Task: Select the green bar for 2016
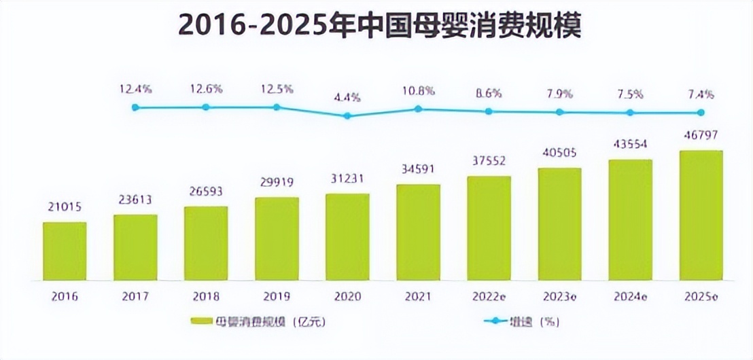pos(65,251)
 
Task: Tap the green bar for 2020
pos(347,237)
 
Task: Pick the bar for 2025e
pos(701,215)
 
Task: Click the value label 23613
pos(135,200)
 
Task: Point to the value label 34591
pos(418,169)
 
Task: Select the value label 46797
pos(701,136)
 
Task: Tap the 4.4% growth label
pos(347,97)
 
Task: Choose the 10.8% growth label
pos(418,90)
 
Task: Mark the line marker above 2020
pos(347,115)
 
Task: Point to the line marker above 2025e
pos(701,113)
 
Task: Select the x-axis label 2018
pos(206,297)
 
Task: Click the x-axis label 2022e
pos(488,297)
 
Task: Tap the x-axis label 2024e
pos(630,297)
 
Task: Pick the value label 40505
pos(559,153)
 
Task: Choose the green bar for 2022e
pos(489,228)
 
